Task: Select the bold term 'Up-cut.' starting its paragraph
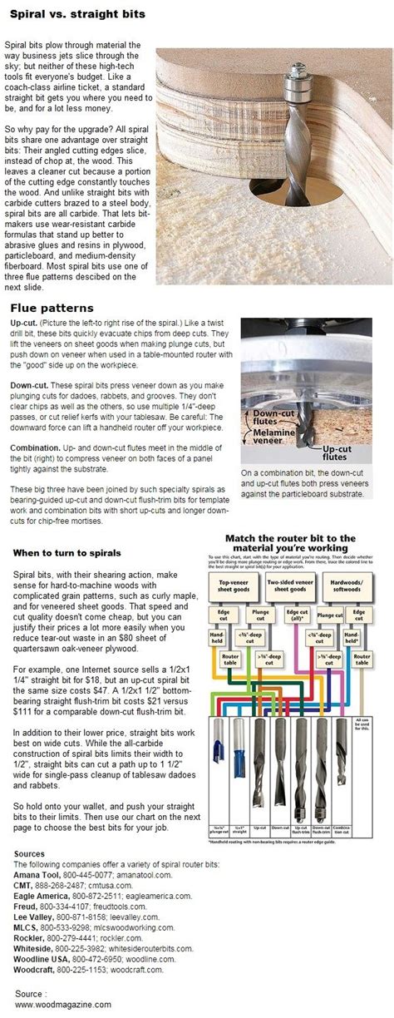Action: [27, 323]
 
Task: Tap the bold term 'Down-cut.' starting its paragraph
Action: [32, 386]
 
